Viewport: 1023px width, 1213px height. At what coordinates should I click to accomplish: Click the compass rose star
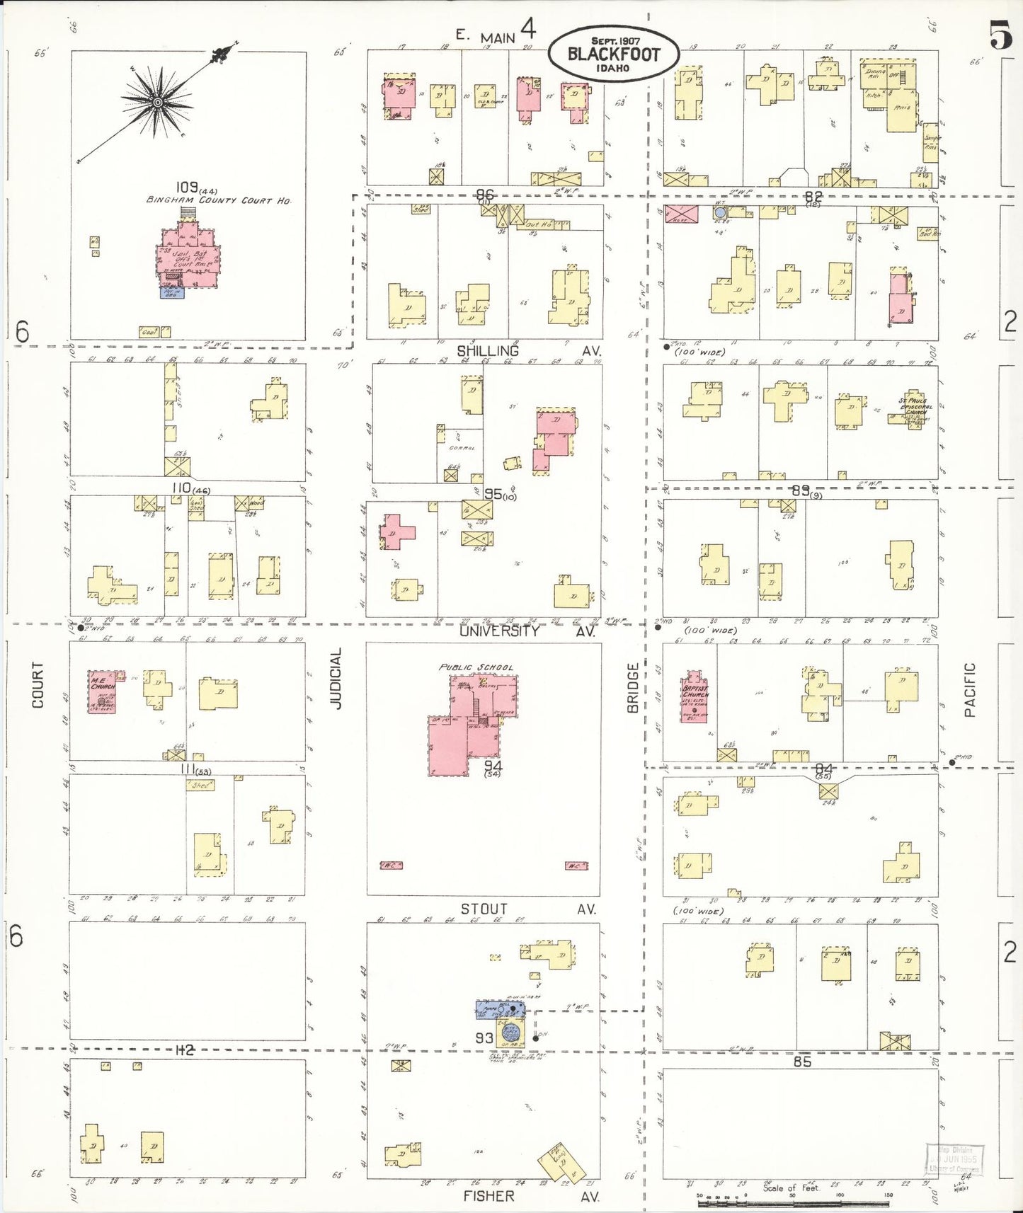(x=157, y=103)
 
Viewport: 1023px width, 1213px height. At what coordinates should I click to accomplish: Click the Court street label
(x=38, y=684)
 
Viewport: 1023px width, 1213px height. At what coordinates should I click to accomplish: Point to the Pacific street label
(x=969, y=689)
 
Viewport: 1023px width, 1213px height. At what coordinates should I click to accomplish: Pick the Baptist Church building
(x=695, y=694)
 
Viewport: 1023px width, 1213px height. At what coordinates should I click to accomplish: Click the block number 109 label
(x=186, y=188)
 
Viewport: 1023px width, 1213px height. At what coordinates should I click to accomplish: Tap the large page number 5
(x=1000, y=34)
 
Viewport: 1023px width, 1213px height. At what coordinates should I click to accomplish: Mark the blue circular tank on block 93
(x=510, y=1034)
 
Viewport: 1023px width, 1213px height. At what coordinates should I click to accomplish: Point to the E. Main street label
(x=486, y=37)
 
